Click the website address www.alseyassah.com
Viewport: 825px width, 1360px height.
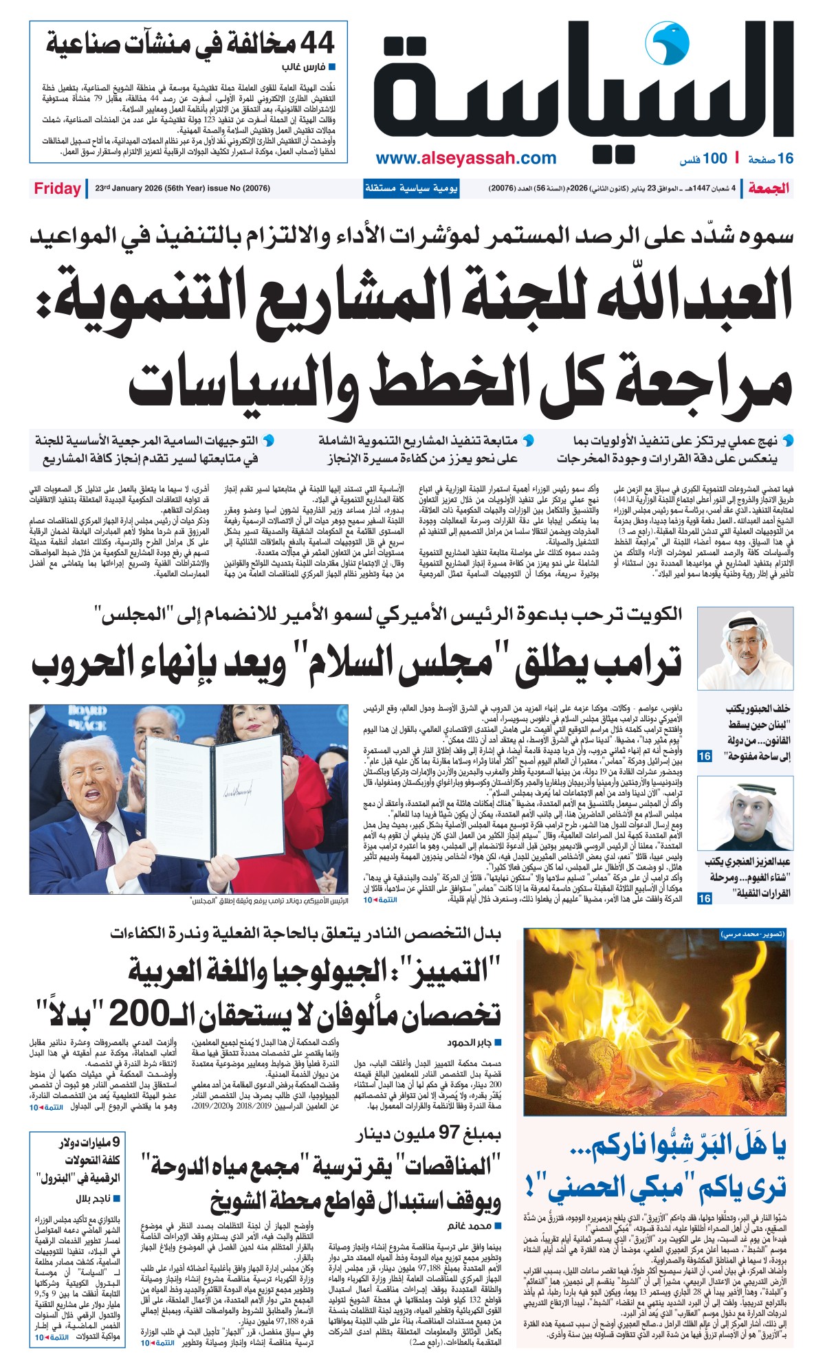tap(465, 158)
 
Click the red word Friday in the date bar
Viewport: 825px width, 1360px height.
tap(57, 188)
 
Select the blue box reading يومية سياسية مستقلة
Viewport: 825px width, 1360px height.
tap(411, 188)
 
